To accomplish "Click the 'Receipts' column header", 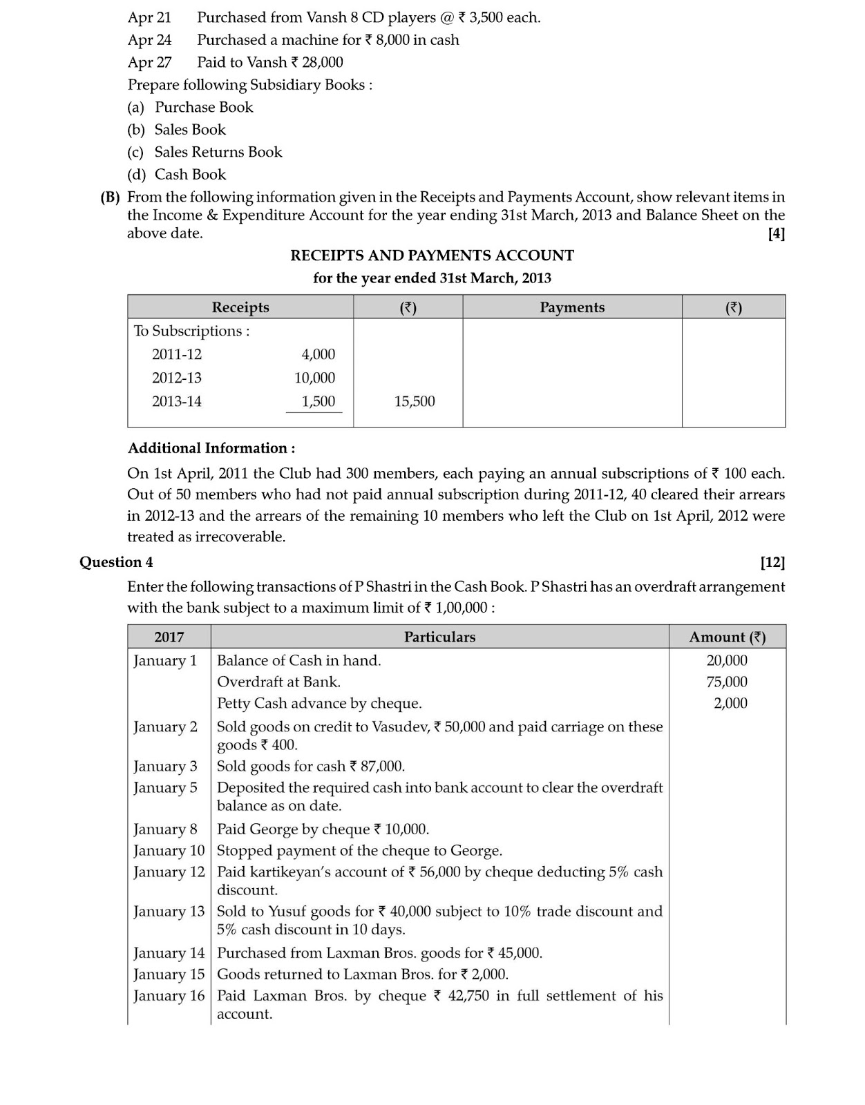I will tap(240, 307).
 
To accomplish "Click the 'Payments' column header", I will tap(571, 307).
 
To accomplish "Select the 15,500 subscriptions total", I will tap(415, 401).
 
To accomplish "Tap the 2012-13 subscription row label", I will tap(177, 378).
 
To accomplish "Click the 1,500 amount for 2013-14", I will tap(318, 401).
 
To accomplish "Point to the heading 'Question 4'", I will tap(116, 562).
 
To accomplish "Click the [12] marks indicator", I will tap(772, 562).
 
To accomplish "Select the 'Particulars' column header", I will tap(439, 637).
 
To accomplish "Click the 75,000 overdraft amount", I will tap(727, 682).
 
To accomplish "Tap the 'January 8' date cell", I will tap(165, 829).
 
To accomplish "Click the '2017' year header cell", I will tap(169, 637).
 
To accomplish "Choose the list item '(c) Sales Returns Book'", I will tap(205, 152).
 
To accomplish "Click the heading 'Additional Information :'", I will tap(211, 448).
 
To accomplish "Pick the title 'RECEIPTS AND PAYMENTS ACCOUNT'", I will tap(432, 256).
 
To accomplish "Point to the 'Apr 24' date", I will tap(149, 40).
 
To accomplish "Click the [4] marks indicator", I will tap(776, 233).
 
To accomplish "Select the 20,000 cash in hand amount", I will tap(727, 660).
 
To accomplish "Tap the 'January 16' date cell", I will tap(169, 996).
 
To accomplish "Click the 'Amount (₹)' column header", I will tap(727, 637).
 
